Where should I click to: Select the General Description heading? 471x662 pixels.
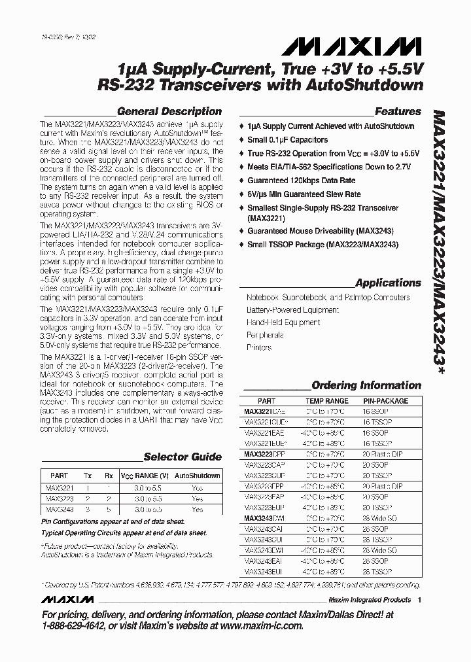[169, 111]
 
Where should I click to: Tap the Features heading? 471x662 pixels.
[398, 111]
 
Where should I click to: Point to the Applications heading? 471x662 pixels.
[388, 283]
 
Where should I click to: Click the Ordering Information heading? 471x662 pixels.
[366, 385]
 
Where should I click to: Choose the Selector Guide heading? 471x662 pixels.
[183, 457]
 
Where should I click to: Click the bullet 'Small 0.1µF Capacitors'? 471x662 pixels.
[287, 139]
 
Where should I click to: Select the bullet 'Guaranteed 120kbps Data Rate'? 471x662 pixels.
[301, 181]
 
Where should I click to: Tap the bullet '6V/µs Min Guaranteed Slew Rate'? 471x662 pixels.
[304, 194]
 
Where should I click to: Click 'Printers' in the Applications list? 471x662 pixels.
[259, 347]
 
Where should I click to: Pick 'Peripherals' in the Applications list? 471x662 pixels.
[265, 335]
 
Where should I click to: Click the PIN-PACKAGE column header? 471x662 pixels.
[385, 400]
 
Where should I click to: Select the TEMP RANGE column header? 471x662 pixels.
[327, 400]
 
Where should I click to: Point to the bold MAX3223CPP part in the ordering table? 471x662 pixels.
[264, 453]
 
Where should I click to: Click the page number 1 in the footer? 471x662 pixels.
[419, 600]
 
